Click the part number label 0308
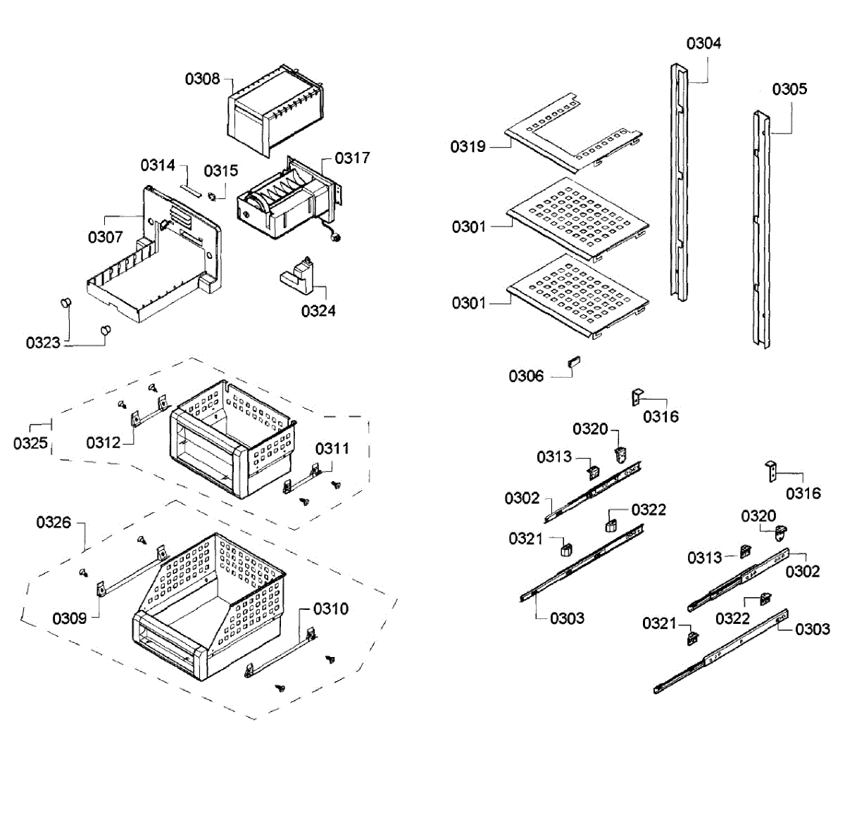203,79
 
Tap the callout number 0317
352,158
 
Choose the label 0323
43,343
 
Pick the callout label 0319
468,146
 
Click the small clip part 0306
574,362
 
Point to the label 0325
30,442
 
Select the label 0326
54,522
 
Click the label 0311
332,448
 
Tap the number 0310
331,608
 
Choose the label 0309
70,618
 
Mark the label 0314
158,165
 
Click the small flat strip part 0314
191,189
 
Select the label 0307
106,237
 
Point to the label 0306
527,376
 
